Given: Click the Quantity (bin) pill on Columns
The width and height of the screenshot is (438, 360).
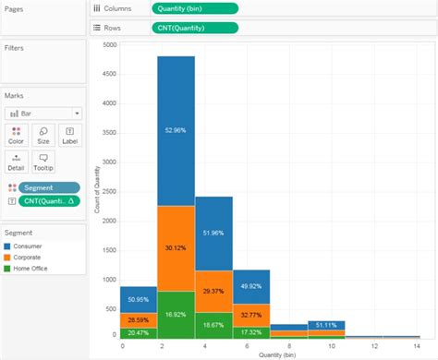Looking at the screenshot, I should point(194,8).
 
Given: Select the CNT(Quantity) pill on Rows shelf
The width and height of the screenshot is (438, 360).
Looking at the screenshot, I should point(194,28).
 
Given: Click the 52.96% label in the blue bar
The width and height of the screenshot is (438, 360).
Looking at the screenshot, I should point(176,131).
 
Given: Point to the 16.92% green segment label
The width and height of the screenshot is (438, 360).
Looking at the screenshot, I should point(176,314).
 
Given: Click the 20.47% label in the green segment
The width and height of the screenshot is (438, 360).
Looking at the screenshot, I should point(138,331).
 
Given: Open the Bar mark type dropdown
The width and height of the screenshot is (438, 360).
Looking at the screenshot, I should point(44,113).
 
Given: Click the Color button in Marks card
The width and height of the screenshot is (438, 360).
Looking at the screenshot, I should point(16,135).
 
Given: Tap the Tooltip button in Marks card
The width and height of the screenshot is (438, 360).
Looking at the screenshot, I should point(43,162).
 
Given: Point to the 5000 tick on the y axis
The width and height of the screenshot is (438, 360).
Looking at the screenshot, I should point(109,44).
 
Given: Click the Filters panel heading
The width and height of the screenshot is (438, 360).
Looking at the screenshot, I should point(14,48).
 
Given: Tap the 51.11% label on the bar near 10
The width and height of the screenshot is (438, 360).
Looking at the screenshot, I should point(325,325).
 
